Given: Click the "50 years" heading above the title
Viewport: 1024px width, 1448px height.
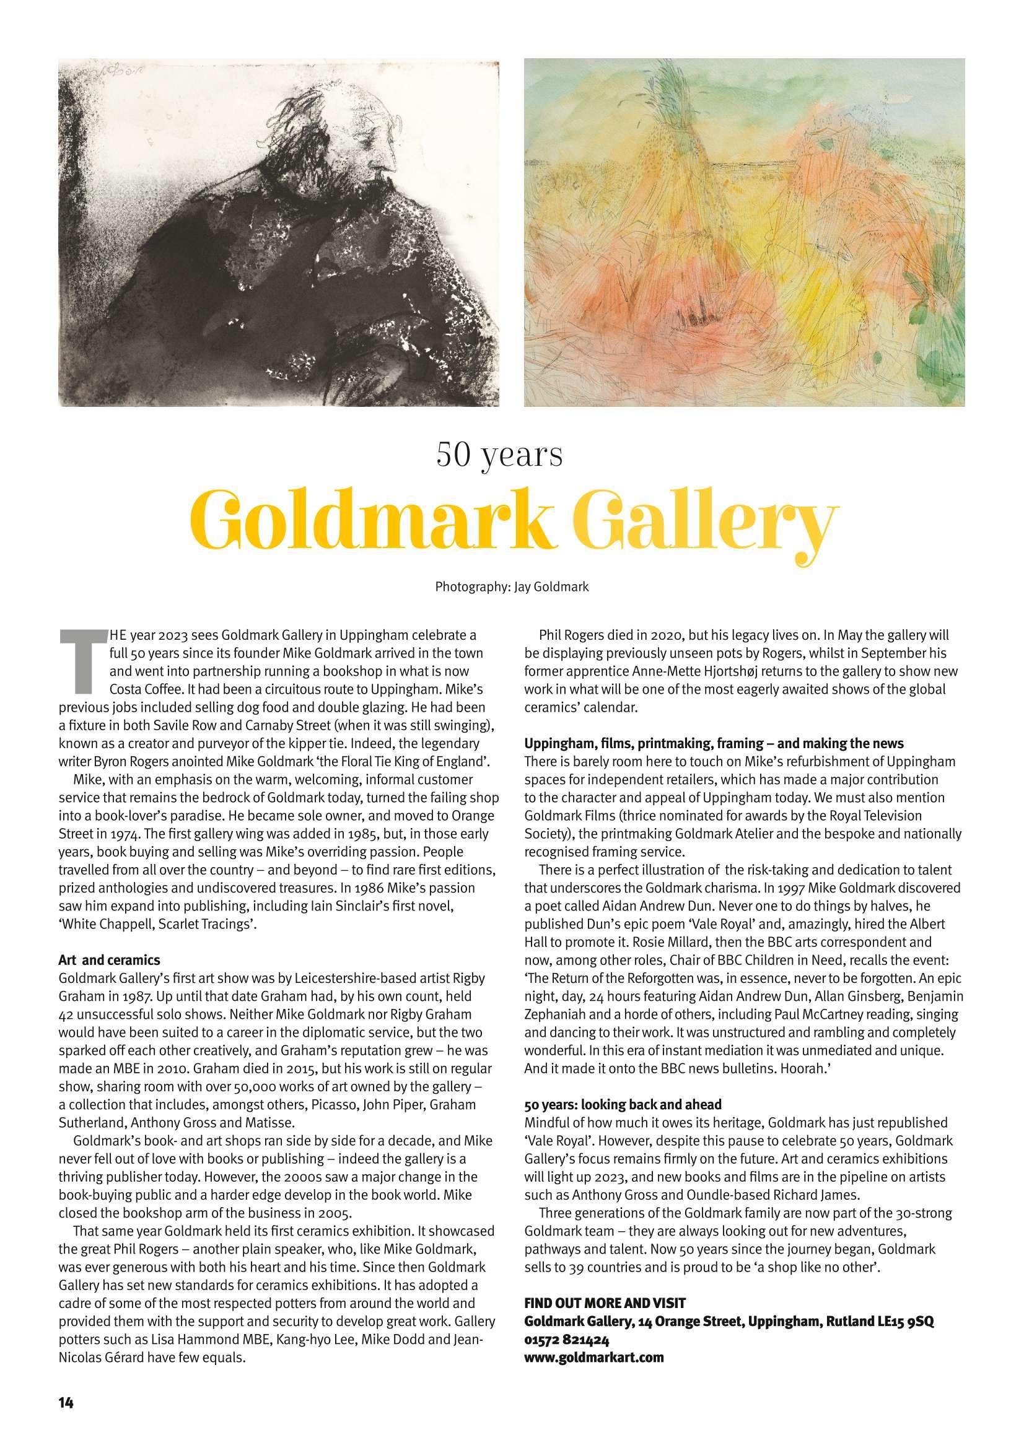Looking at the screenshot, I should pyautogui.click(x=499, y=454).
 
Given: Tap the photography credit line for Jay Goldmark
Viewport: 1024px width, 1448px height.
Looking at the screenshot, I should pyautogui.click(x=512, y=587).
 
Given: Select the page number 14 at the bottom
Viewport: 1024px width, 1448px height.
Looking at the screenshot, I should pyautogui.click(x=66, y=1398).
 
